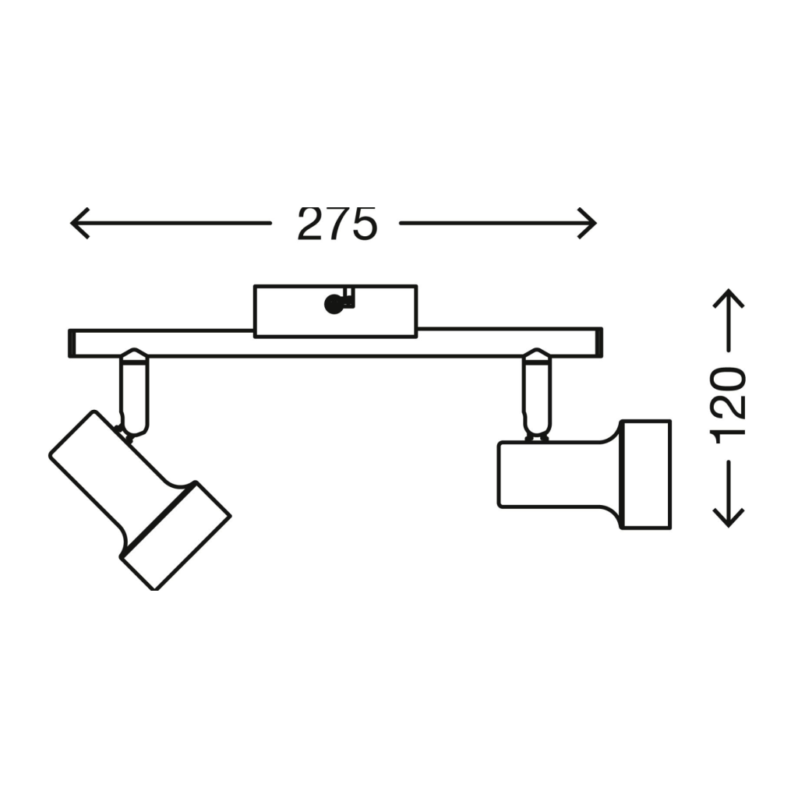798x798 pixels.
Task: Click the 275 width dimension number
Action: [x=337, y=224]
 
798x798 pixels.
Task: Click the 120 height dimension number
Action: [x=730, y=404]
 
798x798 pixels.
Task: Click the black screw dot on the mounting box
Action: [x=334, y=304]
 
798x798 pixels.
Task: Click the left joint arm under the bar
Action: [x=133, y=394]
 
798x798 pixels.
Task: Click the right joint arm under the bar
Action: [x=536, y=394]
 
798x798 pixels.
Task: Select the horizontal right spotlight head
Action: [x=557, y=475]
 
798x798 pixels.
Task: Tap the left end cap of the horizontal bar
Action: [x=72, y=343]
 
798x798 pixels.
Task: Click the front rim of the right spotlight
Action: [x=646, y=475]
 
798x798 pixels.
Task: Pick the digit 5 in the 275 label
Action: [x=363, y=224]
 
